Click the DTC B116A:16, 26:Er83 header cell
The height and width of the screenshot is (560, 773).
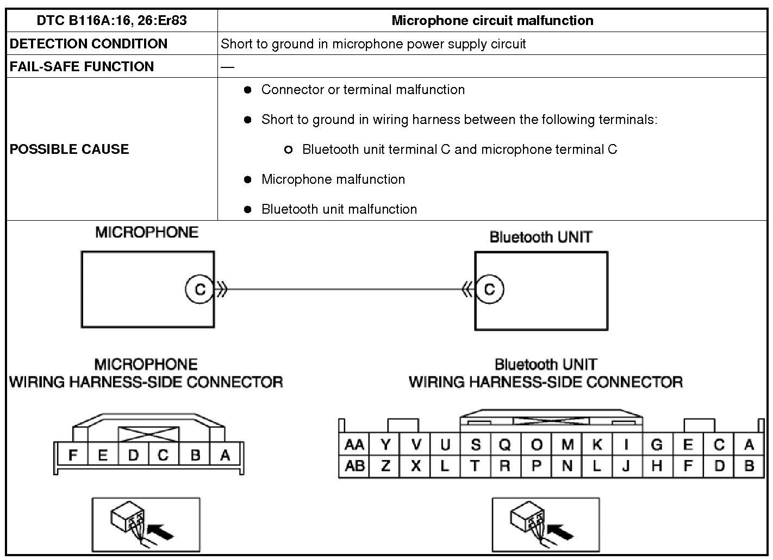112,21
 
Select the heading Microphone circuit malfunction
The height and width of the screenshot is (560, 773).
492,21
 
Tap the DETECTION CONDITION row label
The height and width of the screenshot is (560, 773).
89,43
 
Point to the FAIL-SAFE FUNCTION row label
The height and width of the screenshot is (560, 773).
82,66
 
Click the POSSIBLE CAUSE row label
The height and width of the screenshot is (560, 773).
70,149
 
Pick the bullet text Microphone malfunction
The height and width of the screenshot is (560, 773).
333,179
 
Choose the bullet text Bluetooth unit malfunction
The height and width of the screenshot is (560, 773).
339,209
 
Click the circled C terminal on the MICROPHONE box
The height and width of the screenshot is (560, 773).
200,289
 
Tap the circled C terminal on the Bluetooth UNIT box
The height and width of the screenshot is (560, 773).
489,289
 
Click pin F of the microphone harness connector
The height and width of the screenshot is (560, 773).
72,456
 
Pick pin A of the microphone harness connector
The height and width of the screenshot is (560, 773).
225,456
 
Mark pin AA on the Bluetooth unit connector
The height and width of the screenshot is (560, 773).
354,445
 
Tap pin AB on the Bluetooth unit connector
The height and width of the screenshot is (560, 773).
354,466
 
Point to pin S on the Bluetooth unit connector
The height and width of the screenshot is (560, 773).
476,445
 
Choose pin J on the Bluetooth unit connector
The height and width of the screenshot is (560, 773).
627,466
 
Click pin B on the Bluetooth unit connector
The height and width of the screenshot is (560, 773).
749,466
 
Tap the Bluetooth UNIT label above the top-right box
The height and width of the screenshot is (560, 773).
540,237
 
